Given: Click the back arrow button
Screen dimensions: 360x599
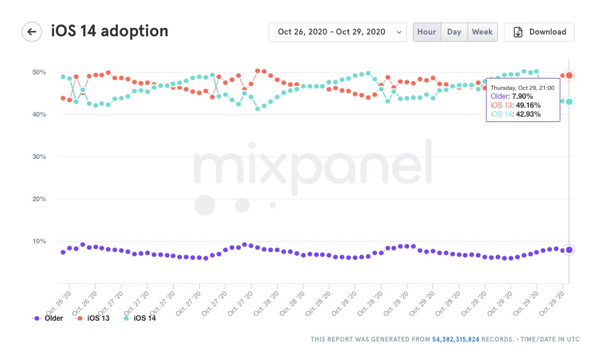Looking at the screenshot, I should [32, 32].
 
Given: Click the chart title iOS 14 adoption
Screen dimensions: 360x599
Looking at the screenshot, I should [109, 31].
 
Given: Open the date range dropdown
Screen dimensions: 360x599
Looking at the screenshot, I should [337, 32].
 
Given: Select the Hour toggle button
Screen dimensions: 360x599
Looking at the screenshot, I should [426, 32].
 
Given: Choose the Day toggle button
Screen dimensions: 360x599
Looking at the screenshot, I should [454, 32].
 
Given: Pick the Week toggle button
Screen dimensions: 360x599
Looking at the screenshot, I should [482, 32].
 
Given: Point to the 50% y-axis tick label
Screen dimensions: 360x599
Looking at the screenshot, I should [39, 72].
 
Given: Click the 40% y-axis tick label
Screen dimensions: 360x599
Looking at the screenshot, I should [39, 114].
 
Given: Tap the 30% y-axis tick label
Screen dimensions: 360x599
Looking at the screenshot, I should [39, 156].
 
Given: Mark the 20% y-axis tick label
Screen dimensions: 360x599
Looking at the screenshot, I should [39, 199].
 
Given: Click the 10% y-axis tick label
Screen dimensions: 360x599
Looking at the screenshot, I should [39, 241].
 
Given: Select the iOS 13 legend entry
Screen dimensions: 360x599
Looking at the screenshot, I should [93, 318].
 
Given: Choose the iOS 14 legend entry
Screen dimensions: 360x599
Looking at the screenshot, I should [140, 318].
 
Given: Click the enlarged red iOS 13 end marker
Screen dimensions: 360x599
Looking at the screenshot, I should [569, 76].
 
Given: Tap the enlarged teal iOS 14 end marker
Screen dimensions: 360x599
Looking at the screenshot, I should [569, 102].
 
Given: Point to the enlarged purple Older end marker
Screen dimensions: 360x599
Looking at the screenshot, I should [569, 250].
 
